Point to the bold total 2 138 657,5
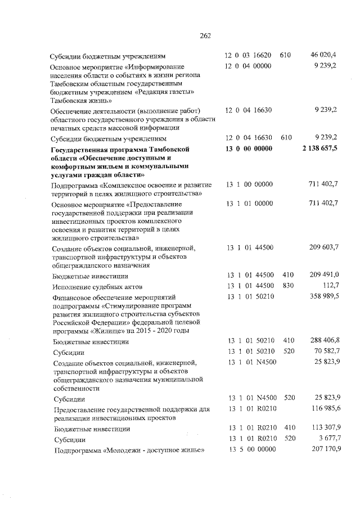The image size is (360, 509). click(x=316, y=148)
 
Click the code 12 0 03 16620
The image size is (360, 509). click(x=249, y=55)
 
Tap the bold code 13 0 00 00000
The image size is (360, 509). click(x=249, y=148)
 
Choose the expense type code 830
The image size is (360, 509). click(x=289, y=286)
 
